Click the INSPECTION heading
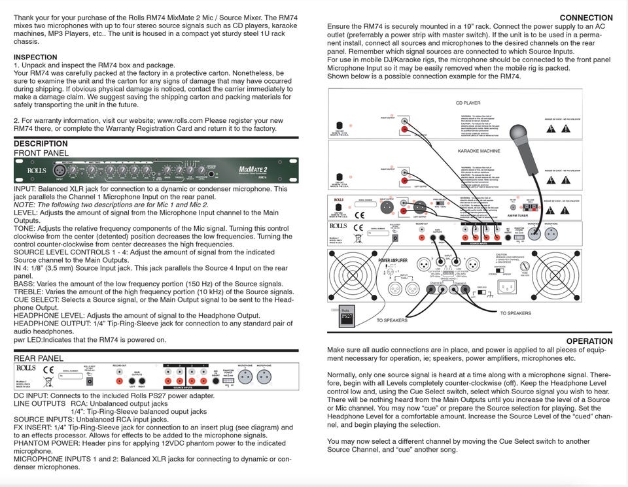(x=35, y=58)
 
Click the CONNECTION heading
(x=586, y=18)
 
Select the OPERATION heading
(x=589, y=341)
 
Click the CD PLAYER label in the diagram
(x=468, y=103)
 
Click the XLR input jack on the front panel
(x=58, y=171)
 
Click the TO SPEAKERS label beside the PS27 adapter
(x=392, y=320)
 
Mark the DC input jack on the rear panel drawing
(x=89, y=380)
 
